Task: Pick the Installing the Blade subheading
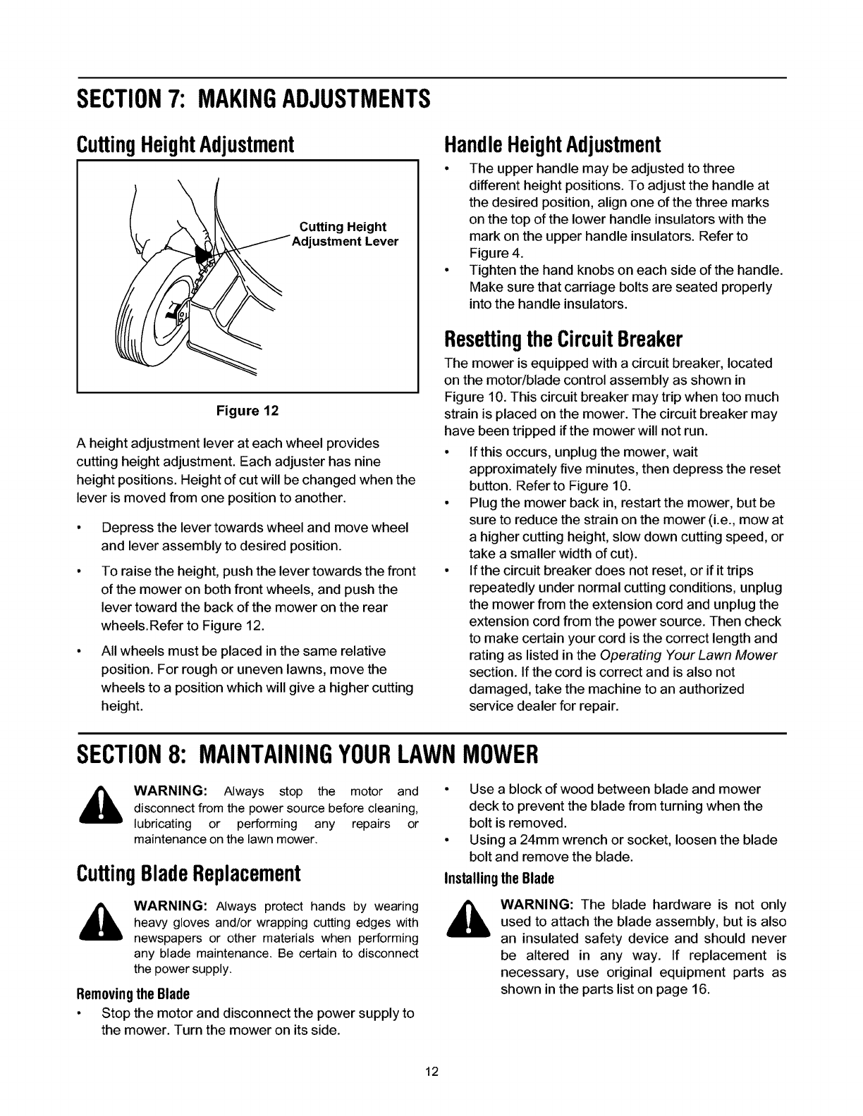click(x=499, y=879)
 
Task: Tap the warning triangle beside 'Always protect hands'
click(x=104, y=921)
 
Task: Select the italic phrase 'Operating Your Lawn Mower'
click(x=693, y=655)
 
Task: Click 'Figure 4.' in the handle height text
click(x=491, y=253)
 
